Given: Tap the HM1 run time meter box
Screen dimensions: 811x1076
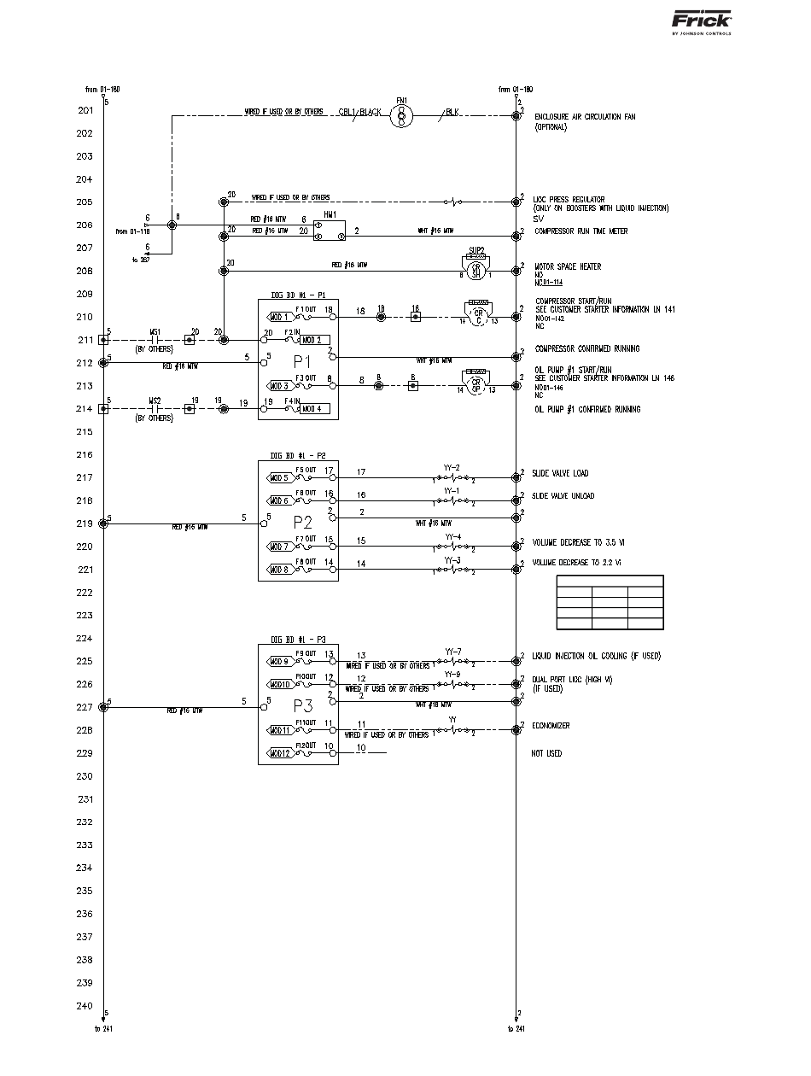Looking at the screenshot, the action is coord(329,231).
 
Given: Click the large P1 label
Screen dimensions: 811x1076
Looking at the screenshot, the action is coord(302,361).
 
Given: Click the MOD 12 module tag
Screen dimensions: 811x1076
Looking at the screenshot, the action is coord(281,753).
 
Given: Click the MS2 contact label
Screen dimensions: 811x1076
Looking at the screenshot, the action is coord(155,400).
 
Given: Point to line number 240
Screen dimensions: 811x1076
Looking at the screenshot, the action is coord(85,1005).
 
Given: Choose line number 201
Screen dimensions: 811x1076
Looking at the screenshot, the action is coord(85,111).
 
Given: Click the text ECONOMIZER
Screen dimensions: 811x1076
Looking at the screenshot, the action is coord(551,726).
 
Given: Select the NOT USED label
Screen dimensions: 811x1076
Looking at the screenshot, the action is coord(546,753).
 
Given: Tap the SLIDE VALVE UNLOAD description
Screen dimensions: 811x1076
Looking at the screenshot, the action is coord(563,496).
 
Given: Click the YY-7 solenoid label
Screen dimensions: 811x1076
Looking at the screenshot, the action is coord(452,652).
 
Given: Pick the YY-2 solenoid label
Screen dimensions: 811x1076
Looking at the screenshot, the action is coord(452,467).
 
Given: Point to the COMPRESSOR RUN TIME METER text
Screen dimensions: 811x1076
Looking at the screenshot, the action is coord(581,231).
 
